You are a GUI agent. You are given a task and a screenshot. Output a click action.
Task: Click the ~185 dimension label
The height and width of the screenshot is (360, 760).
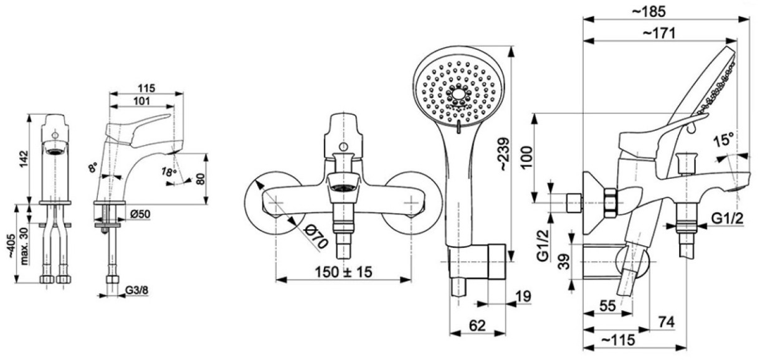tap(649, 12)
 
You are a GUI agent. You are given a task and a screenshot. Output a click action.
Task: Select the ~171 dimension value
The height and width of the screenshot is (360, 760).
tap(659, 33)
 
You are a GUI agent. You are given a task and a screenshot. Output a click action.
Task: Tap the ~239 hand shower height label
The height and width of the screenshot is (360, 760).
tap(503, 154)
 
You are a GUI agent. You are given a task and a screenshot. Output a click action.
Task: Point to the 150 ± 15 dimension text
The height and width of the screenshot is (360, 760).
tap(343, 272)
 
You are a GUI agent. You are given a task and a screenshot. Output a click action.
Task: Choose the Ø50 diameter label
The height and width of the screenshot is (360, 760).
tap(140, 214)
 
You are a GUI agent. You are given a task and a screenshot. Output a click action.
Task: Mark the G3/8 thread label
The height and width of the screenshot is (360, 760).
tap(136, 290)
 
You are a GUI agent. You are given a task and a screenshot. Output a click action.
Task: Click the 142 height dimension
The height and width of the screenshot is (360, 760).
tap(24, 158)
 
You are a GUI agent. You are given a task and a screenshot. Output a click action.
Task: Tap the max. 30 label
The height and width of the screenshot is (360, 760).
tap(24, 246)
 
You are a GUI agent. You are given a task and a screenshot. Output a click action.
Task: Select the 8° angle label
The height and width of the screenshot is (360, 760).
tap(93, 168)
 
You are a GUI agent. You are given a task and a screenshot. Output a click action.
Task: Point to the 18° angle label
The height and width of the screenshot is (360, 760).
tap(169, 172)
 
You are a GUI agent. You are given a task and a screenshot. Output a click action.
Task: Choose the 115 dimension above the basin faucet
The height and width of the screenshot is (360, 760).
tap(146, 88)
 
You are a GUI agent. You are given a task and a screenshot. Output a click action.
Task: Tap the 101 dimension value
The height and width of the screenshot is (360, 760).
tap(141, 101)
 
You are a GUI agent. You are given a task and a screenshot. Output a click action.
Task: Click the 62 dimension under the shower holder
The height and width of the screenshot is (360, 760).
tap(477, 326)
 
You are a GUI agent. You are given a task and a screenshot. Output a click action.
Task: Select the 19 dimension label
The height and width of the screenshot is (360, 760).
tap(523, 296)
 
